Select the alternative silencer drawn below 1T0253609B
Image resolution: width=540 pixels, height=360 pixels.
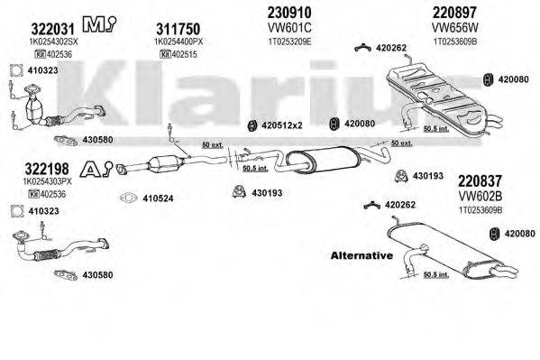(x=451, y=253)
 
